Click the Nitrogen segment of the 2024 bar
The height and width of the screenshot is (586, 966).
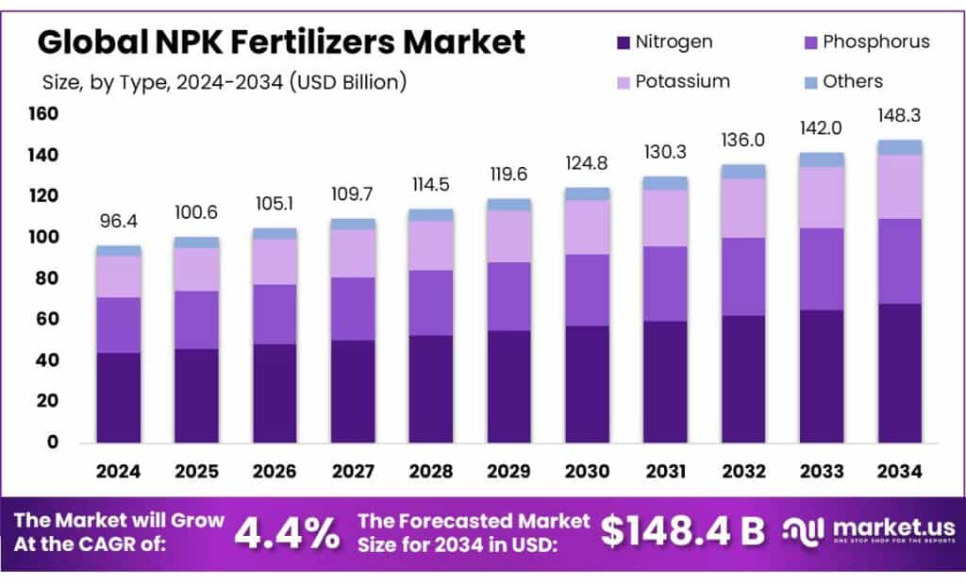pyautogui.click(x=119, y=397)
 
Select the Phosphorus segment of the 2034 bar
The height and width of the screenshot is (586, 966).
pyautogui.click(x=899, y=261)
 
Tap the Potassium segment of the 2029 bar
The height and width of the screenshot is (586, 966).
pyautogui.click(x=508, y=236)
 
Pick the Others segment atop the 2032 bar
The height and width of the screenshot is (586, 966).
pyautogui.click(x=743, y=171)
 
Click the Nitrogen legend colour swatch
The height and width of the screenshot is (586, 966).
pyautogui.click(x=623, y=42)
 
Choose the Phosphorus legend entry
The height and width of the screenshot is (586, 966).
pyautogui.click(x=875, y=42)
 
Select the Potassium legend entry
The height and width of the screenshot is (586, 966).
pyautogui.click(x=682, y=81)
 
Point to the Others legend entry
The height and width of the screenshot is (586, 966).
pyautogui.click(x=852, y=81)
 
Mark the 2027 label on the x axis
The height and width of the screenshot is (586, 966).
pyautogui.click(x=353, y=471)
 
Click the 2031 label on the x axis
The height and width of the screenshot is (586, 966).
pyautogui.click(x=665, y=471)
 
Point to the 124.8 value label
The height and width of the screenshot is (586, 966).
pyautogui.click(x=587, y=163)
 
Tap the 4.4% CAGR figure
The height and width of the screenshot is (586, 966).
pyautogui.click(x=287, y=533)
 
